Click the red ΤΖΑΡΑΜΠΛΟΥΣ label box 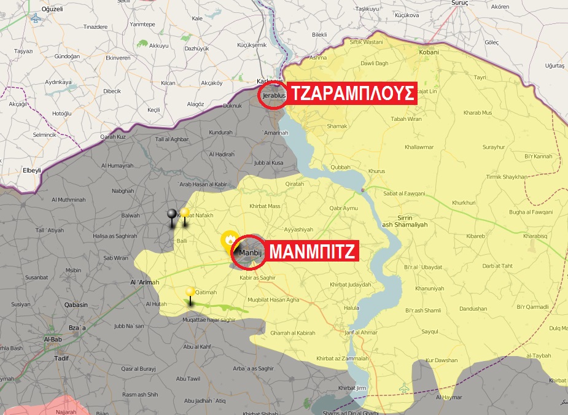point(352,95)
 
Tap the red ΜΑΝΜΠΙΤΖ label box point(314,252)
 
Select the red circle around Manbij point(249,252)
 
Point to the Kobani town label point(429,52)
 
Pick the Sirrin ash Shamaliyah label point(405,221)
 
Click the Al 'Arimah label point(145,282)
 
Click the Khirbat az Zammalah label point(342,358)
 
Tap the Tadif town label point(62,357)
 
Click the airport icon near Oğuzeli point(35,19)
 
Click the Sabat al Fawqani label point(404,193)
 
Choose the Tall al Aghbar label point(172,139)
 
